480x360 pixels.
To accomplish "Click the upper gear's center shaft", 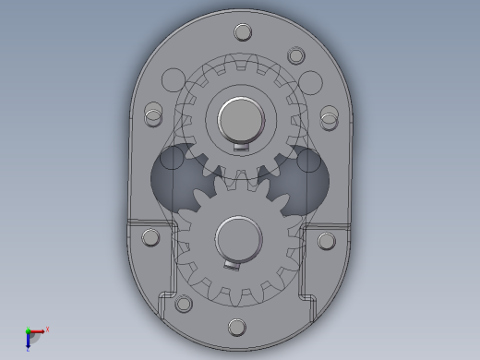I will click(x=241, y=119).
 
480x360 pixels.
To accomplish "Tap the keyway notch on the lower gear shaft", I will click(x=232, y=264).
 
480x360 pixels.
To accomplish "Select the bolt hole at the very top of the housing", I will click(x=243, y=33).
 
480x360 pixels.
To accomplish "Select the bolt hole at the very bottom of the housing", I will click(x=236, y=327).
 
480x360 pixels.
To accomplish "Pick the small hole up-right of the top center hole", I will click(x=295, y=55).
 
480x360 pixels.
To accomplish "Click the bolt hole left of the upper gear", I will click(x=154, y=117).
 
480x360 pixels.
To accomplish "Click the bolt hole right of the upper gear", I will click(x=329, y=117).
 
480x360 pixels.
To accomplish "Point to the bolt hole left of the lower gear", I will click(x=150, y=239).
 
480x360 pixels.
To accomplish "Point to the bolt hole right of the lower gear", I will click(x=326, y=241).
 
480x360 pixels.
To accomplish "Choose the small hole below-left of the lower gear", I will click(x=184, y=302).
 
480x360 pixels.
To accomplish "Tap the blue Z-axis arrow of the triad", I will click(x=29, y=342).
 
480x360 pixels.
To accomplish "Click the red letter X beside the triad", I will click(x=47, y=329).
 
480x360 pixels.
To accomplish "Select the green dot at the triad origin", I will click(x=29, y=331).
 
